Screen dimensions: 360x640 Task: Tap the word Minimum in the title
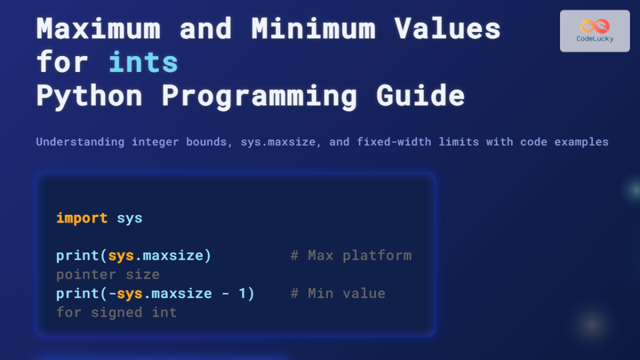tap(314, 29)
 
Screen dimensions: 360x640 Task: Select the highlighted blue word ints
tap(143, 62)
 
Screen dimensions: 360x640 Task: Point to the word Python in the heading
tap(89, 96)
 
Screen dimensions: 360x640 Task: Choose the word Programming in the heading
tap(259, 96)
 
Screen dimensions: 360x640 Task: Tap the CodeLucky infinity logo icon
tap(595, 26)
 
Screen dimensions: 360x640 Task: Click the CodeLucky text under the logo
tap(595, 38)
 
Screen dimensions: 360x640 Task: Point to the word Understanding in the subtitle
tap(80, 142)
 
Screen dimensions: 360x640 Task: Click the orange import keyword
tap(82, 218)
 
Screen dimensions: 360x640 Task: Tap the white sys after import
tap(130, 218)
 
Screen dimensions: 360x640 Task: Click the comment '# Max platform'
tap(351, 255)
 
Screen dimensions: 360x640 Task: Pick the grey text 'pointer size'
tap(108, 275)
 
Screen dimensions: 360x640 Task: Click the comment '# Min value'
tap(338, 293)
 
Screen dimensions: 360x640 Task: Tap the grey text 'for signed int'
tap(116, 312)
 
